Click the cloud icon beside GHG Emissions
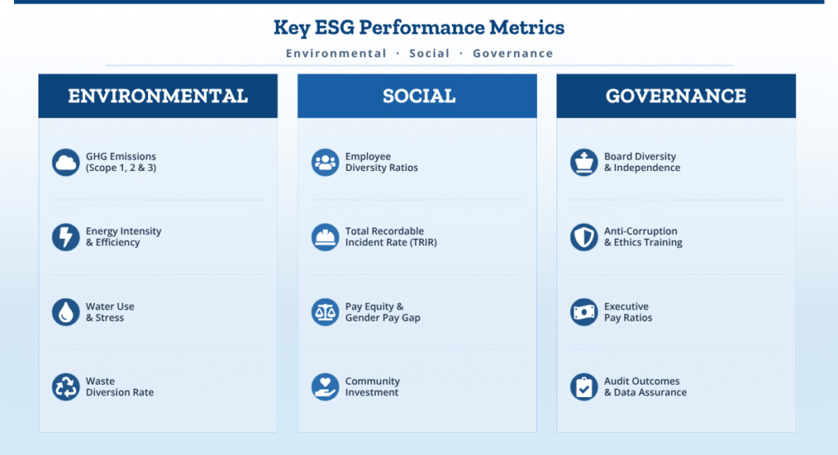[65, 162]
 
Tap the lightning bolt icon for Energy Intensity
[65, 237]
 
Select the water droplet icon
[65, 312]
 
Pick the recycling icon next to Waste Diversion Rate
[65, 386]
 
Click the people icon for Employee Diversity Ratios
[325, 162]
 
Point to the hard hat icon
[325, 237]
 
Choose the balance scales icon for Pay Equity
[325, 312]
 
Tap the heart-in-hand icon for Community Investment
[325, 386]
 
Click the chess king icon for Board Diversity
[583, 162]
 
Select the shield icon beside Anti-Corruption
[583, 237]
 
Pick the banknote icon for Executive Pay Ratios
[583, 312]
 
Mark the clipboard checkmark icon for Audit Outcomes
[583, 386]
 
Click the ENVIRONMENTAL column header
[158, 96]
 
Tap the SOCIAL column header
[417, 96]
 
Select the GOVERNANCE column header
[676, 96]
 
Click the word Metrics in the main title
[527, 27]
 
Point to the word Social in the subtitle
[430, 53]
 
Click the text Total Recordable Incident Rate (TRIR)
[390, 237]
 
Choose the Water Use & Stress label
[110, 312]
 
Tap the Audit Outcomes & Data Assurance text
[645, 386]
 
